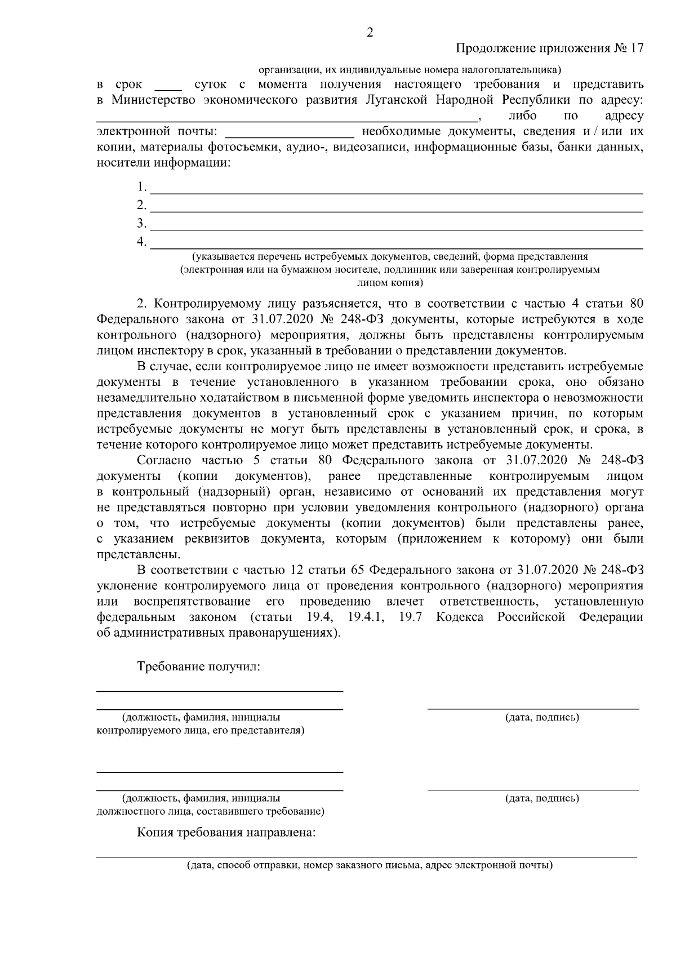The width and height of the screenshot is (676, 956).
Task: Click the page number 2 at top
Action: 370,33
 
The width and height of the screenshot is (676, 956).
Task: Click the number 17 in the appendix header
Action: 636,48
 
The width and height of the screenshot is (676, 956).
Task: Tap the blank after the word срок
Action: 168,86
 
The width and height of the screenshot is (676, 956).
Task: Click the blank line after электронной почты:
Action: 290,133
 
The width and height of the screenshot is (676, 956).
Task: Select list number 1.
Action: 141,187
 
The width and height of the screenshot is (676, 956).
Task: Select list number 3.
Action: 141,224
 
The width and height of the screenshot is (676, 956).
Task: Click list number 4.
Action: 141,242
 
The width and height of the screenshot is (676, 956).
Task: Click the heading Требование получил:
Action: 198,667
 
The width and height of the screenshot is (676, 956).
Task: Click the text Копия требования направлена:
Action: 226,833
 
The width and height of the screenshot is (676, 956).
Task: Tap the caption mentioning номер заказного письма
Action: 370,865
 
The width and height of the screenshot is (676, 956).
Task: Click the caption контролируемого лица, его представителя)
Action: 201,731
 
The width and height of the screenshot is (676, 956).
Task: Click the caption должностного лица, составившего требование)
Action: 210,812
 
